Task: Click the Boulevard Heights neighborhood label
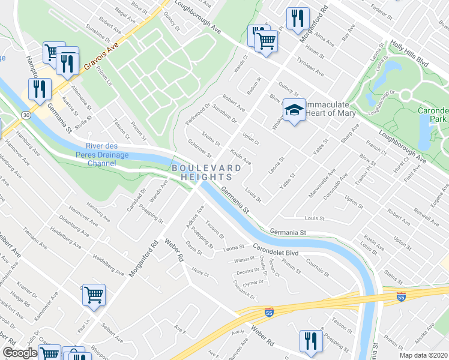click(x=202, y=172)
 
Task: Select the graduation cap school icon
click(x=294, y=111)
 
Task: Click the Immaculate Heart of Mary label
click(x=331, y=109)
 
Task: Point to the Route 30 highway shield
click(x=24, y=113)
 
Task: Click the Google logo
click(x=20, y=353)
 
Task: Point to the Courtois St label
click(x=316, y=262)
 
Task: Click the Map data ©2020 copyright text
click(x=424, y=355)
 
